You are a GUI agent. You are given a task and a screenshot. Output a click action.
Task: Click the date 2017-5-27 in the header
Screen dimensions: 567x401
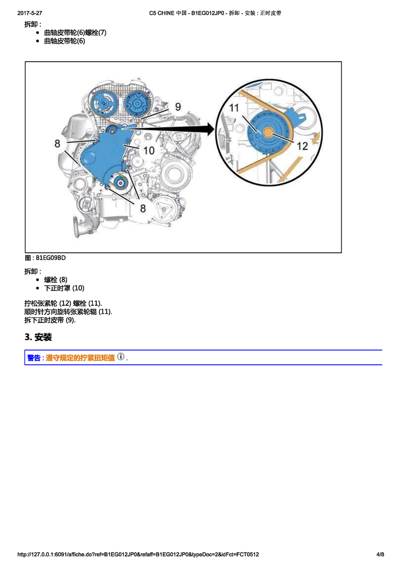tap(30, 13)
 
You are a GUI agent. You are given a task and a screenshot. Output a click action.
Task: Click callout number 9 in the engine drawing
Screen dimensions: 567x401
tap(178, 107)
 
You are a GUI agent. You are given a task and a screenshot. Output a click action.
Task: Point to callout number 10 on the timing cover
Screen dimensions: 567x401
tap(148, 150)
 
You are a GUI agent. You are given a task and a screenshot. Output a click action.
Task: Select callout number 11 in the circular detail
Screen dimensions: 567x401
tap(235, 108)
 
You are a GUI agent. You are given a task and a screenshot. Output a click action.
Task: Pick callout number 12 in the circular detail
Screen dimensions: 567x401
tap(302, 146)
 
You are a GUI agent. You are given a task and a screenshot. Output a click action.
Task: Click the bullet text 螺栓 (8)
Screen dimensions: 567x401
tap(56, 279)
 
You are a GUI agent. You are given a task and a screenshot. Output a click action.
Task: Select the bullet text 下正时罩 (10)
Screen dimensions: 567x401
tap(64, 288)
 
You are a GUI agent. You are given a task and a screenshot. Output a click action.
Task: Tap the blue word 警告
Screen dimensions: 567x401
tap(34, 358)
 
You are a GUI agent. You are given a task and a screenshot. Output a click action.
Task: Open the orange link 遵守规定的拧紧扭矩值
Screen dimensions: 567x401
tap(80, 358)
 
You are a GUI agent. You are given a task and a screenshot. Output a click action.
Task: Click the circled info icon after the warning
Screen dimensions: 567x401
tap(120, 356)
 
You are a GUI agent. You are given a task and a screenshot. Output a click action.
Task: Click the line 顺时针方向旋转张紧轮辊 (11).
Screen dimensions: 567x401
tap(68, 312)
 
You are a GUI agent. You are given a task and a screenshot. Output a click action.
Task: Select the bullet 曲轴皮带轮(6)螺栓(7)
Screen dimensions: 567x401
tap(75, 33)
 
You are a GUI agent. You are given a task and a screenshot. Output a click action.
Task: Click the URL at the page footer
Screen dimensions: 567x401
tap(139, 554)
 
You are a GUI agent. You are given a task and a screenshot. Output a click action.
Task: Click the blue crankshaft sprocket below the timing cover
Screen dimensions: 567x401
tap(119, 183)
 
